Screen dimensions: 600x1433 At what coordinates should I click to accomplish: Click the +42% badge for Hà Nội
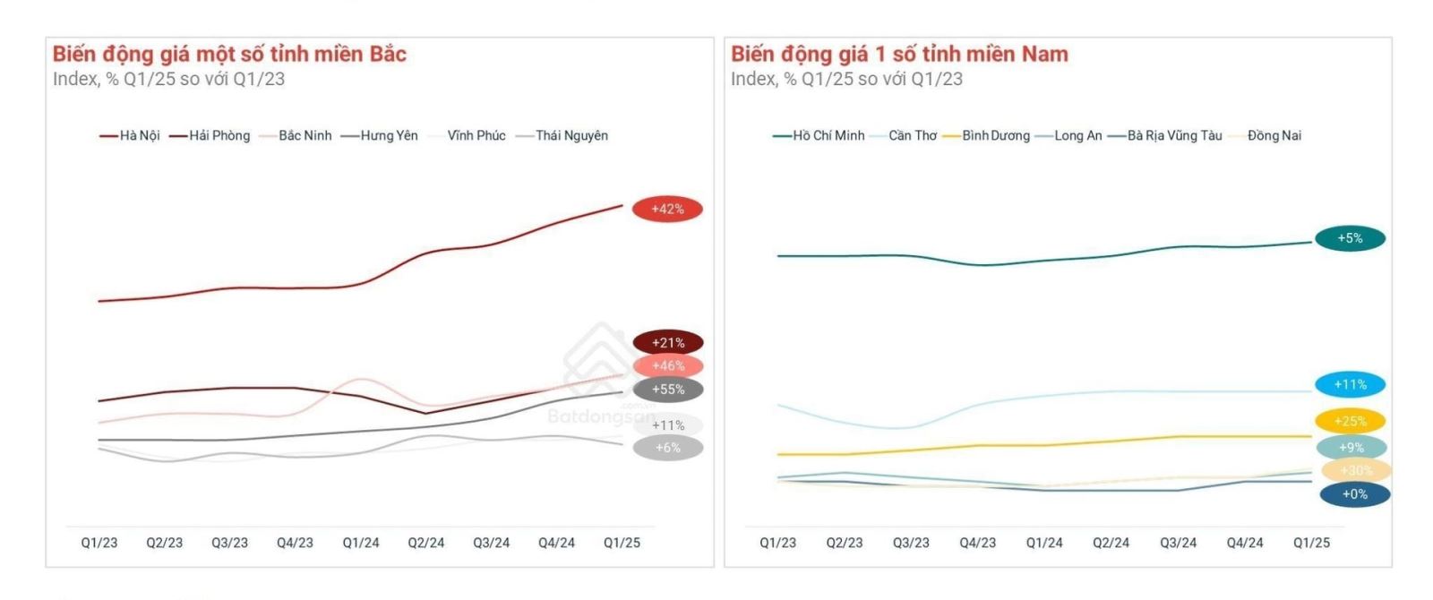click(667, 210)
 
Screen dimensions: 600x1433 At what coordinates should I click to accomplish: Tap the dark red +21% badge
click(667, 343)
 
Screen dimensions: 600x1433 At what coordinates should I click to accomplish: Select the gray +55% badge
click(667, 390)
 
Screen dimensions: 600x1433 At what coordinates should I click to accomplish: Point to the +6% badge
click(667, 448)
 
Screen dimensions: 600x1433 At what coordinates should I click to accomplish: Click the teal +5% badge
click(1350, 238)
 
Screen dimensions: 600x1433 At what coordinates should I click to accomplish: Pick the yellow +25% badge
click(1350, 421)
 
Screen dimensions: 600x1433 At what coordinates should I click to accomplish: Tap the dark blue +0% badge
click(1354, 494)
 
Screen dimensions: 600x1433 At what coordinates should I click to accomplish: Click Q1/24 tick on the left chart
click(361, 543)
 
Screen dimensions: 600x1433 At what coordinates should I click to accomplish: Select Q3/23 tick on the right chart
click(911, 543)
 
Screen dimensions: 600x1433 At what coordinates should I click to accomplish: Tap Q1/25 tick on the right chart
click(1311, 543)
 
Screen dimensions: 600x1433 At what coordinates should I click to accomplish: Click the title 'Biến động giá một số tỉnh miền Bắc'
click(229, 54)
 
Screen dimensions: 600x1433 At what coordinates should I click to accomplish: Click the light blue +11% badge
click(1350, 385)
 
